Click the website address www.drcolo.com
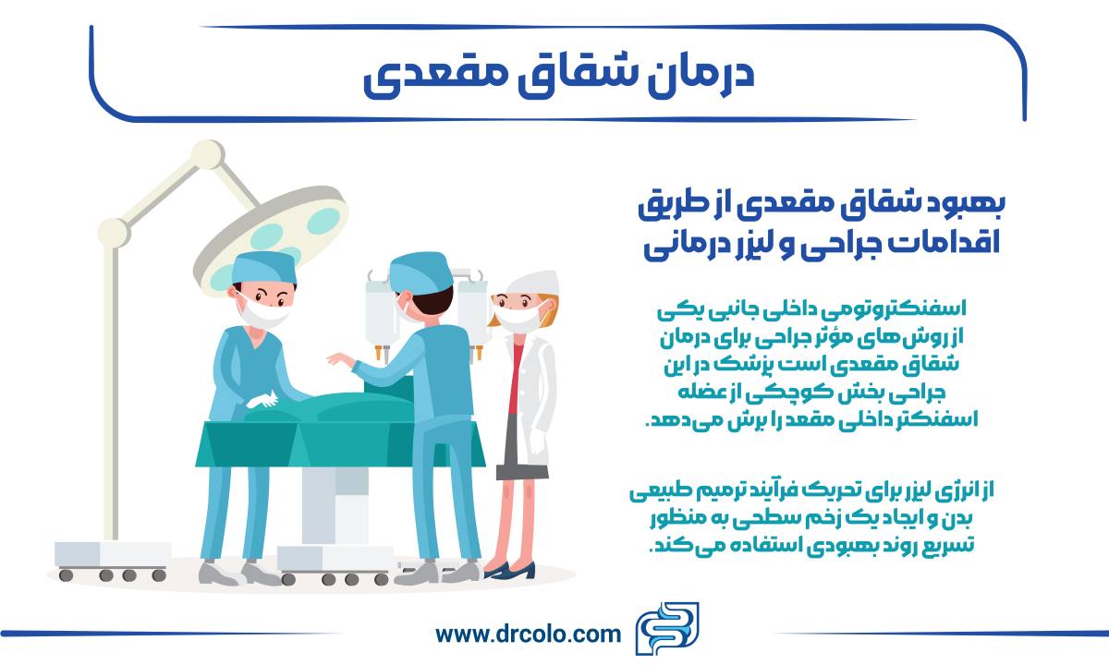click(528, 635)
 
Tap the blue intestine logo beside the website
click(667, 628)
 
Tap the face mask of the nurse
click(518, 318)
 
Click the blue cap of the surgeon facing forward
click(264, 267)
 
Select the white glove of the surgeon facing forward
click(262, 400)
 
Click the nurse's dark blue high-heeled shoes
click(510, 570)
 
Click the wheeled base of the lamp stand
click(112, 560)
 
